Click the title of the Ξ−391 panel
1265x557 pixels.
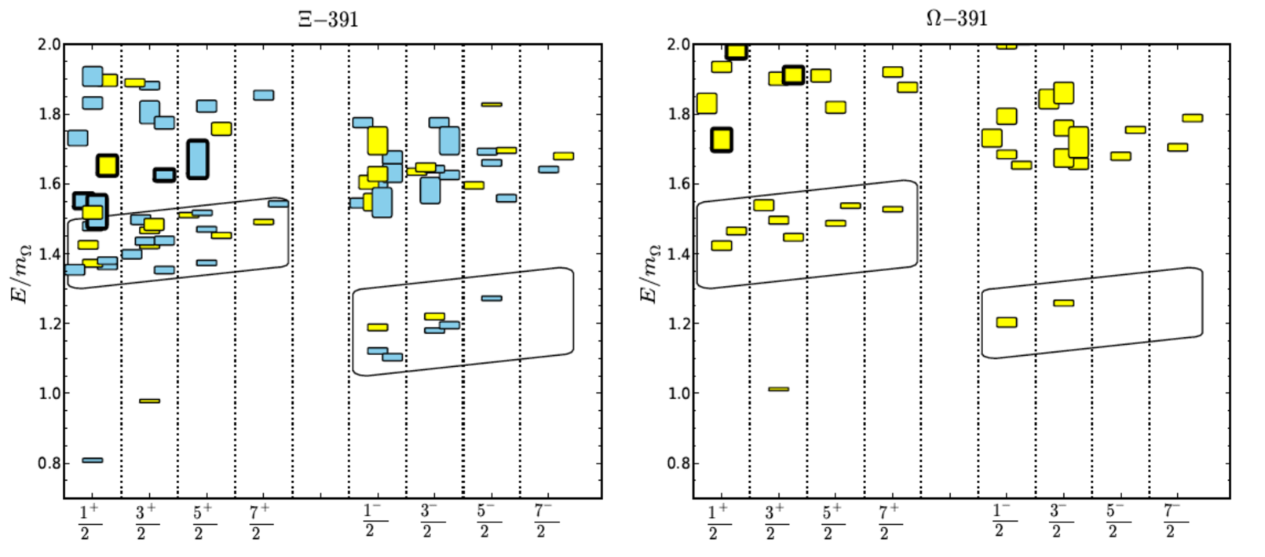pyautogui.click(x=328, y=19)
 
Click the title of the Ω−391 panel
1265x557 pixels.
pyautogui.click(x=956, y=18)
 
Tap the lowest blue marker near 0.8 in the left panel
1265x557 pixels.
pyautogui.click(x=92, y=460)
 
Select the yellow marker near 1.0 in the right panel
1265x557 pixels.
pyautogui.click(x=778, y=389)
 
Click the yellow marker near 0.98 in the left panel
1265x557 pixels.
pyautogui.click(x=149, y=401)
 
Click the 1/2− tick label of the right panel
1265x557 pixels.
pyautogui.click(x=1000, y=521)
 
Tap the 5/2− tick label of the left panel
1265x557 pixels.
pyautogui.click(x=485, y=521)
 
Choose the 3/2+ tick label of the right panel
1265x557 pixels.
pyautogui.click(x=774, y=522)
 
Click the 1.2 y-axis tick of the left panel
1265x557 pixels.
pyautogui.click(x=49, y=324)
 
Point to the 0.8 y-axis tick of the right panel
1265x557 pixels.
pyautogui.click(x=679, y=464)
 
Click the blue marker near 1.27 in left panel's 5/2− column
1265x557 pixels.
pyautogui.click(x=492, y=299)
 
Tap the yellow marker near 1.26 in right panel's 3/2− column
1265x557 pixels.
pyautogui.click(x=1063, y=302)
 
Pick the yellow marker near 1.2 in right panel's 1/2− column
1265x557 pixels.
pyautogui.click(x=1006, y=322)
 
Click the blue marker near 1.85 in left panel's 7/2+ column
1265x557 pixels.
pyautogui.click(x=263, y=95)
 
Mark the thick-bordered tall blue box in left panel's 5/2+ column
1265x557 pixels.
pyautogui.click(x=198, y=159)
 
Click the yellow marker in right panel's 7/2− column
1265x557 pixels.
pyautogui.click(x=1192, y=118)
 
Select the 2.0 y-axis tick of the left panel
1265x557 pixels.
pyautogui.click(x=49, y=45)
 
